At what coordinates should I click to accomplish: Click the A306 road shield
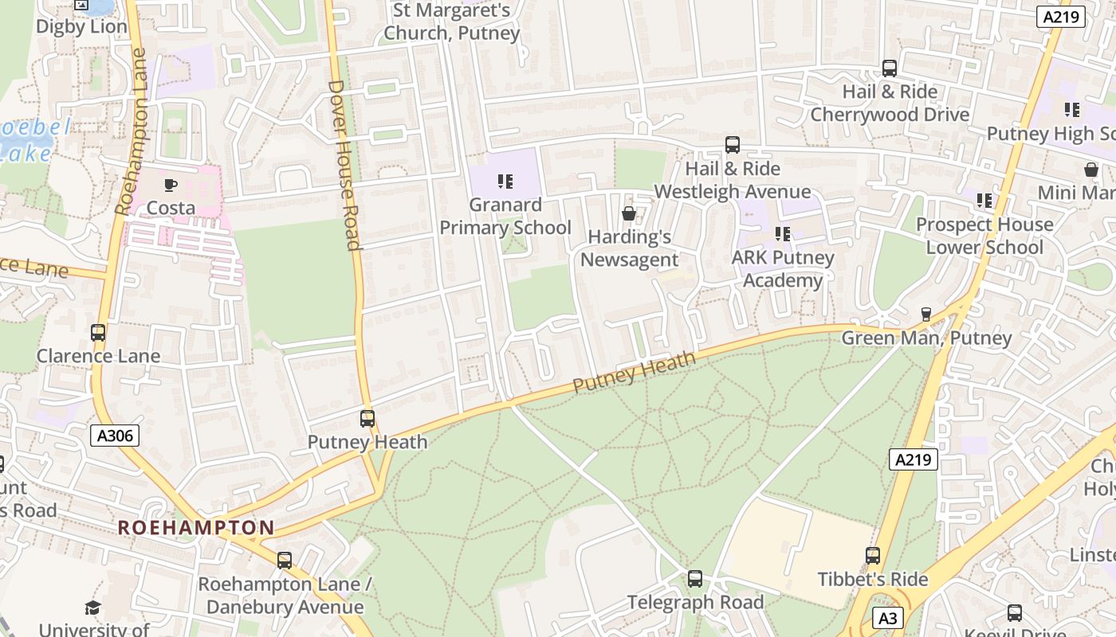[115, 436]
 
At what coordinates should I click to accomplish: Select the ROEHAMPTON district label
[196, 527]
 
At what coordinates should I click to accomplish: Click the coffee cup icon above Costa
[170, 186]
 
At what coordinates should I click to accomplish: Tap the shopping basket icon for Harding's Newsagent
[629, 213]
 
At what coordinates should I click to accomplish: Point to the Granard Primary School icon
[504, 182]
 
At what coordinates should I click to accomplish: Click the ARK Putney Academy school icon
[783, 234]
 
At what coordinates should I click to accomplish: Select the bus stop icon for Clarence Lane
[98, 333]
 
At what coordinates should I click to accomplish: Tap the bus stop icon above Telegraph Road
[695, 579]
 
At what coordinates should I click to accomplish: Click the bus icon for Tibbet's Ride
[873, 556]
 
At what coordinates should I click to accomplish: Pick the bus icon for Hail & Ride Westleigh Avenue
[733, 145]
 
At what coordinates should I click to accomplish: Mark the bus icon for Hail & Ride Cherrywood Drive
[890, 68]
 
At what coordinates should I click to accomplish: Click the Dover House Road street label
[344, 165]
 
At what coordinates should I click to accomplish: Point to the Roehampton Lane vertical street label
[132, 132]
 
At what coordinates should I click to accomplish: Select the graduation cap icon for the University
[93, 608]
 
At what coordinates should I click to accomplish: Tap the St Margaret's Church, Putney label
[451, 21]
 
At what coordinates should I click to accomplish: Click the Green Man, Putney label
[926, 338]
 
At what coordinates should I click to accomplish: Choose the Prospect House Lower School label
[984, 236]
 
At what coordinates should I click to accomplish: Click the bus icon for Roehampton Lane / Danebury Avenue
[285, 561]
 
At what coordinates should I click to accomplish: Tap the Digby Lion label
[81, 26]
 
